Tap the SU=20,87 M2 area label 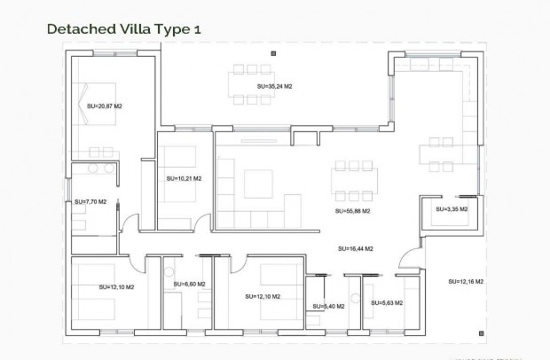pos(105,106)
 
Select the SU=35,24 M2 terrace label pos(274,87)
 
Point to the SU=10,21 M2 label pos(184,178)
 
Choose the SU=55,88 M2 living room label pos(352,212)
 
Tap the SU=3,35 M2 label pos(452,209)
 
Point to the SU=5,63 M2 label pos(387,303)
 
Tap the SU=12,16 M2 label pos(467,281)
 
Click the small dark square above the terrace pos(271,55)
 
